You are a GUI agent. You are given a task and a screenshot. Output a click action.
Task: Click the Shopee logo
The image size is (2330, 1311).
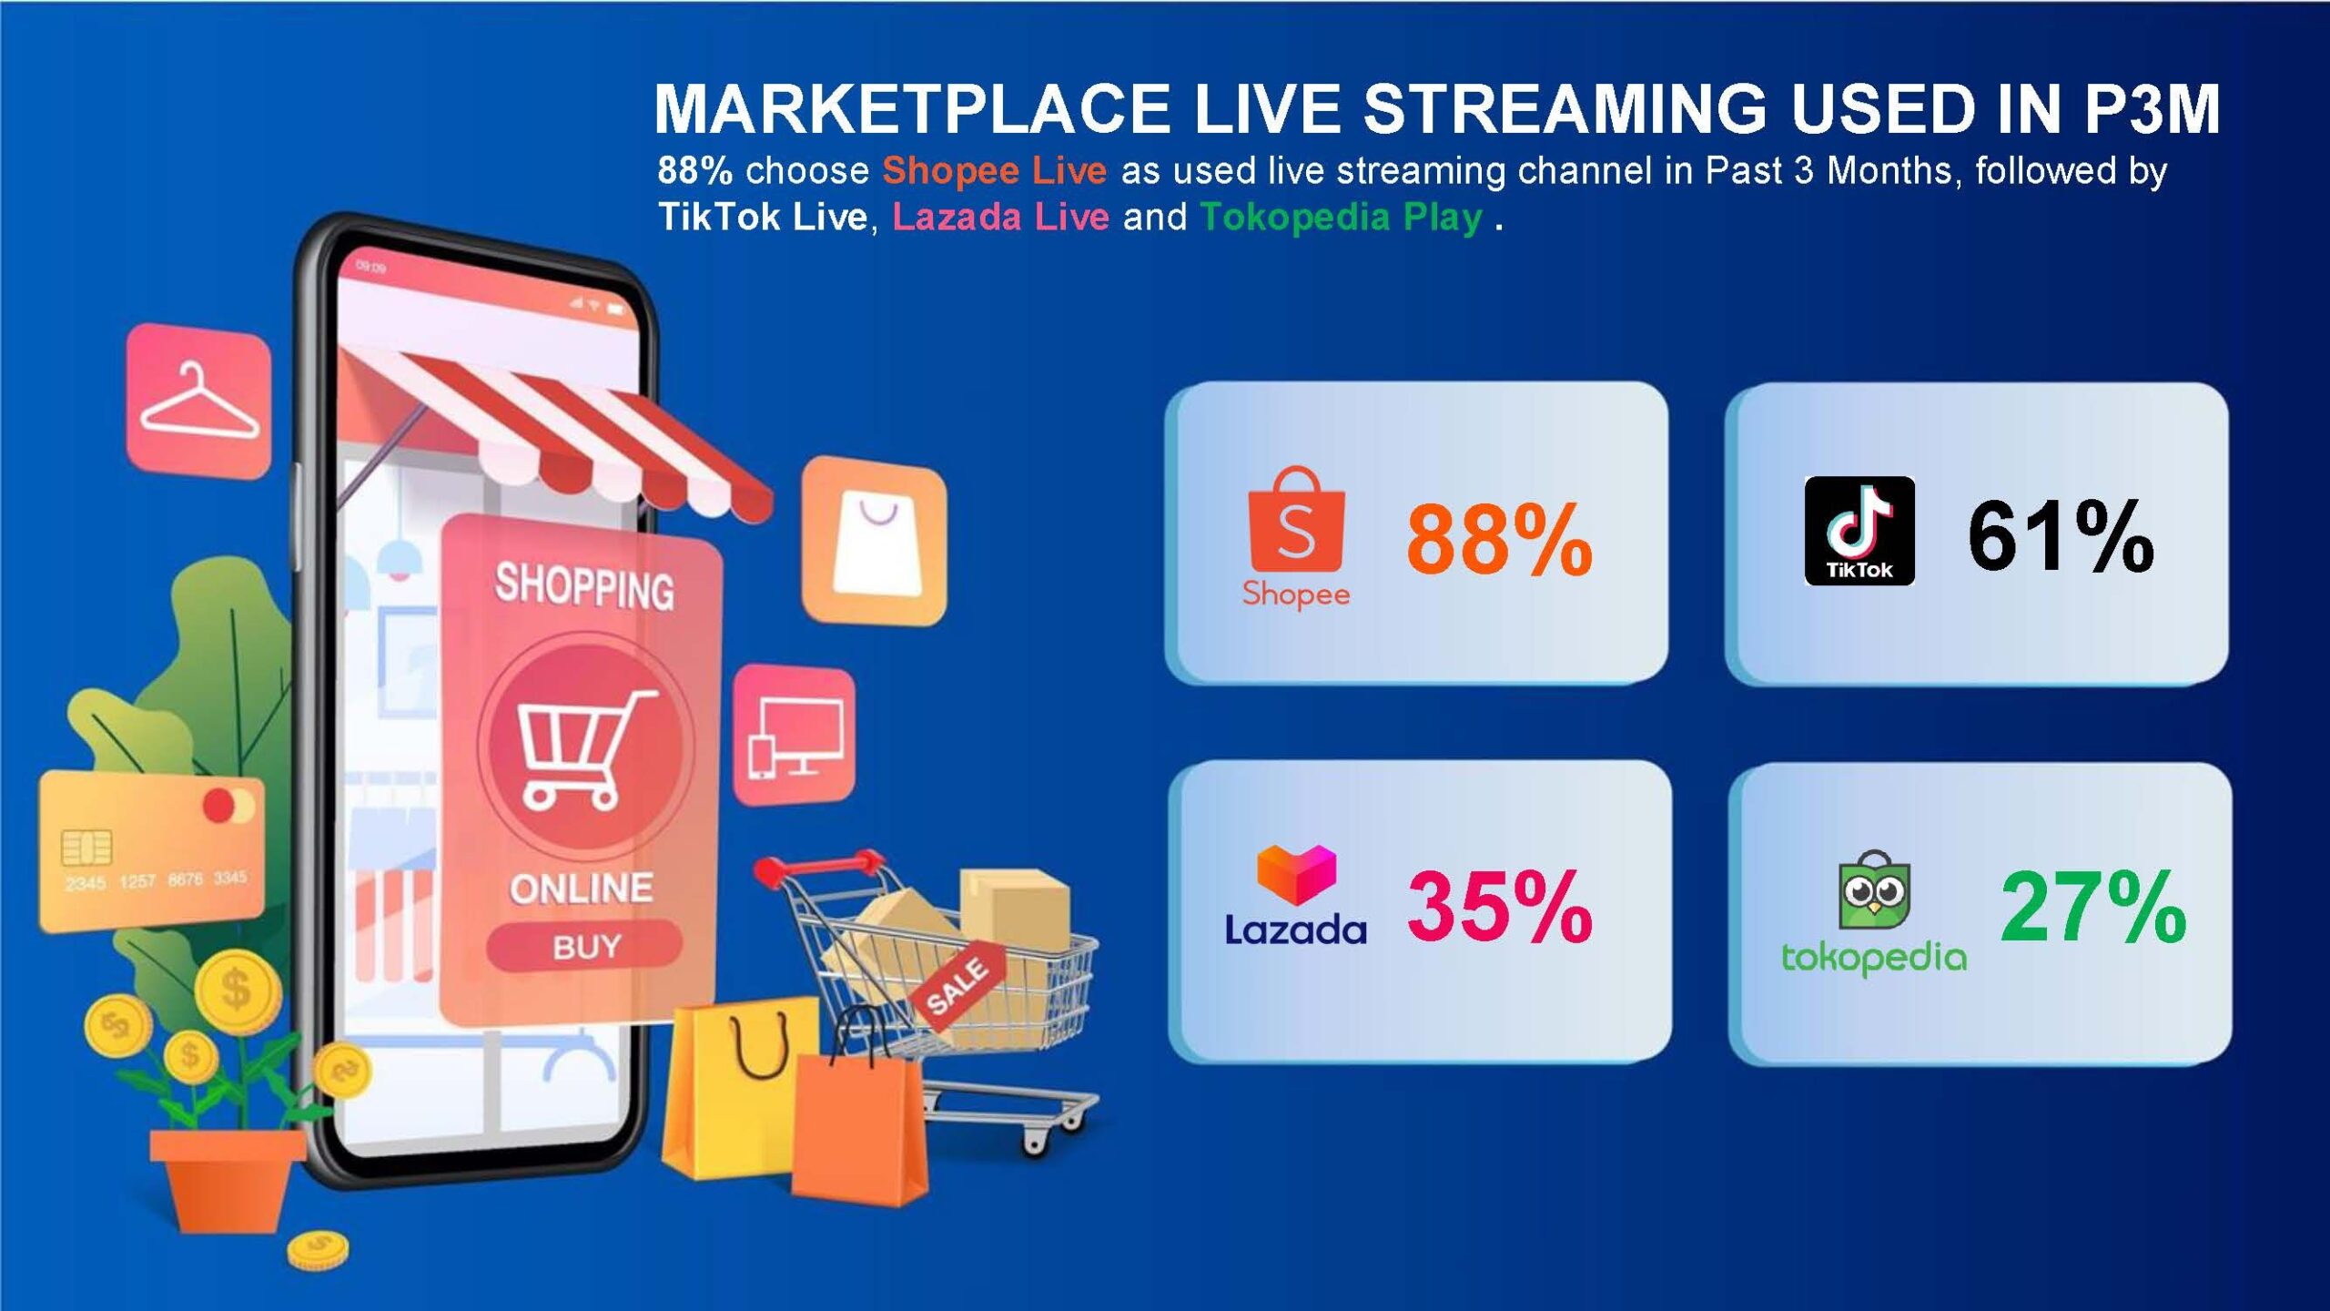point(1296,537)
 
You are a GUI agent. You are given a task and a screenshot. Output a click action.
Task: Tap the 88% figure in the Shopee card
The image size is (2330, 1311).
point(1499,540)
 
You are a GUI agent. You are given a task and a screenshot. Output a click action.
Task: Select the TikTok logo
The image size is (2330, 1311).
point(1859,530)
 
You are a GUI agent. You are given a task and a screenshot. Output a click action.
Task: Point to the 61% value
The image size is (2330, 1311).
point(2061,536)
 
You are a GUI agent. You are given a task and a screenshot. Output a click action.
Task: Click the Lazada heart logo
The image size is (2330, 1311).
point(1296,875)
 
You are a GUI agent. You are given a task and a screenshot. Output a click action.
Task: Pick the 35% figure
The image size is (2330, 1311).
point(1500,907)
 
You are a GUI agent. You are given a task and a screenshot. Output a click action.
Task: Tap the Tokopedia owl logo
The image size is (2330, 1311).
point(1874,890)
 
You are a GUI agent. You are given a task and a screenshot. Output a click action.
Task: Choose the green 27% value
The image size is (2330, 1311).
point(2093,907)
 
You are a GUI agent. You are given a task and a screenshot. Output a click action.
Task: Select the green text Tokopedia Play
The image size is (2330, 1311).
point(1342,218)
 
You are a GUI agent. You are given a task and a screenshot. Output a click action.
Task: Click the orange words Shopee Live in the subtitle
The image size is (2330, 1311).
point(994,171)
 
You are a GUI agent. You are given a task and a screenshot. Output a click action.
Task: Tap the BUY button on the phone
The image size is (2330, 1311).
point(584,947)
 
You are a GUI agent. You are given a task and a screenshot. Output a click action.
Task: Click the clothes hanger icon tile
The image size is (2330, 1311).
point(199,401)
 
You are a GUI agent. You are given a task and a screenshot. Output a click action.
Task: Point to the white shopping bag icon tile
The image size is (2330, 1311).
point(875,541)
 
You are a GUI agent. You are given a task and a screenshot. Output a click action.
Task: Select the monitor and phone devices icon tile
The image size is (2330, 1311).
point(795,736)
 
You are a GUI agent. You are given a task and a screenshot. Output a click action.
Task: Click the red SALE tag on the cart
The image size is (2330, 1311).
point(957,987)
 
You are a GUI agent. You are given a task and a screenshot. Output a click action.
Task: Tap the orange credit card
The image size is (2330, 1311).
point(151,852)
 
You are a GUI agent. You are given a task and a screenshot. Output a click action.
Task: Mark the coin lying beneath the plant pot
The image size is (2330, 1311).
point(318,1251)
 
